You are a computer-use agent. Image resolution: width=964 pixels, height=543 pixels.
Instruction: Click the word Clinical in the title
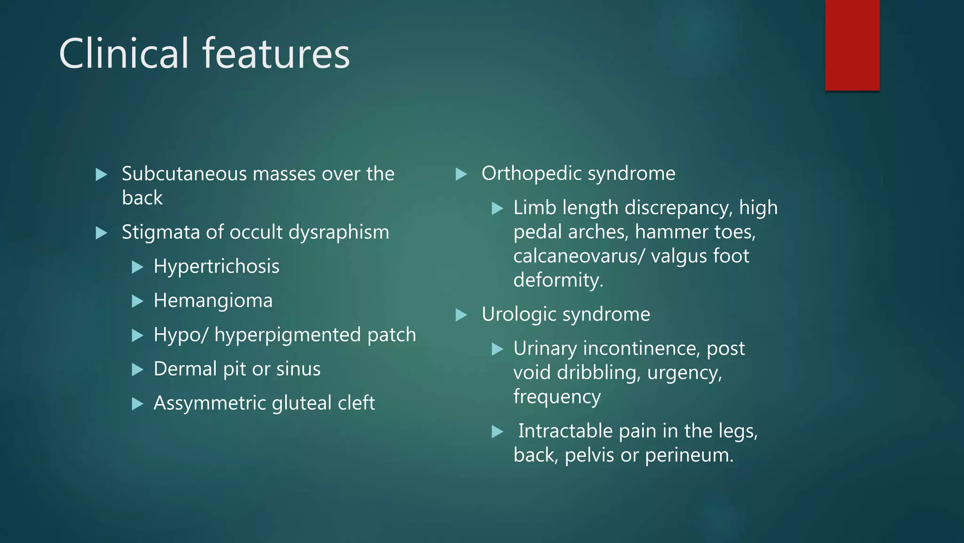click(x=124, y=53)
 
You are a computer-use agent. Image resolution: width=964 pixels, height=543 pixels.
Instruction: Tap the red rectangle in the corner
click(x=852, y=45)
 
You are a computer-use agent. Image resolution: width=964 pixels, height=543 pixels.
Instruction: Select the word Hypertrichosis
click(x=217, y=267)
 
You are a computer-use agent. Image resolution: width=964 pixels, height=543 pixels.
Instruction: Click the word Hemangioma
click(x=213, y=301)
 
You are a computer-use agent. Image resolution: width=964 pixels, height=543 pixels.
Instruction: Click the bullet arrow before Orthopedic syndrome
click(x=461, y=174)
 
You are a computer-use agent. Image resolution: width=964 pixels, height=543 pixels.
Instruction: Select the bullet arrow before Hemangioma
click(x=137, y=301)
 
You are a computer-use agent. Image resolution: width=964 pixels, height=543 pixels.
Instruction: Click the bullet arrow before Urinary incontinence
click(x=498, y=349)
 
